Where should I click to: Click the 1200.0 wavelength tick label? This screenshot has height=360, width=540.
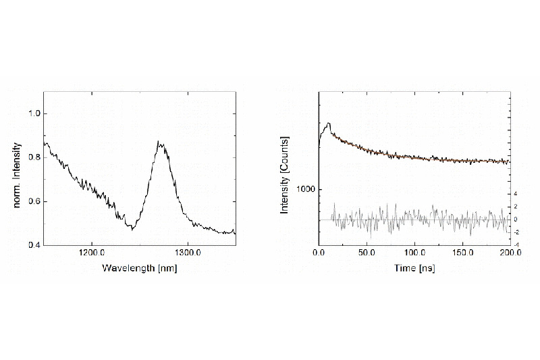(x=91, y=255)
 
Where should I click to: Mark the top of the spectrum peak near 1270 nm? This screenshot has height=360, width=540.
(x=159, y=142)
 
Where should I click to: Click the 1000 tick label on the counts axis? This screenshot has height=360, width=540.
(x=306, y=190)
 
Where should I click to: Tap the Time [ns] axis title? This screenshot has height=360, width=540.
(x=414, y=268)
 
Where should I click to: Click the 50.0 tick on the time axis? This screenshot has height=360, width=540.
(x=367, y=255)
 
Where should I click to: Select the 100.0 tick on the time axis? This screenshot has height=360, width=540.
(x=414, y=255)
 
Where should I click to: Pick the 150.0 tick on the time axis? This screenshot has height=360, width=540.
(x=462, y=255)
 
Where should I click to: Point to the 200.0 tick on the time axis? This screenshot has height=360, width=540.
(x=510, y=255)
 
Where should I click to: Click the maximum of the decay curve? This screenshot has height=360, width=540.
(x=328, y=124)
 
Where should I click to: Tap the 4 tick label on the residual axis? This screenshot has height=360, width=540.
(x=516, y=193)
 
